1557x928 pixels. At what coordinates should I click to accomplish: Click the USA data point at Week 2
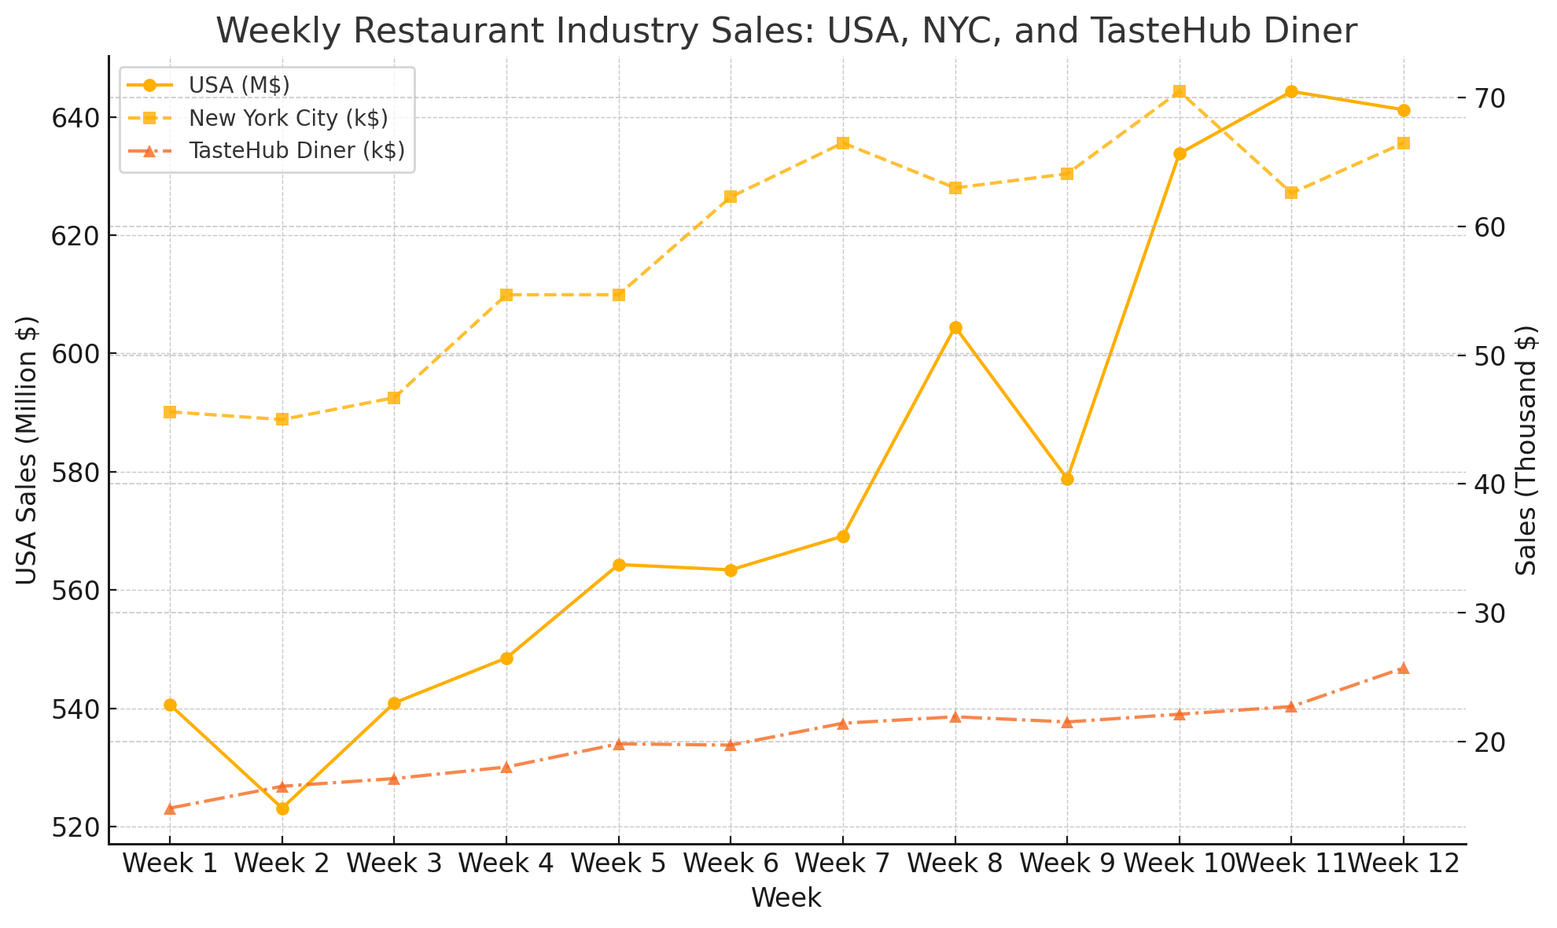click(x=282, y=808)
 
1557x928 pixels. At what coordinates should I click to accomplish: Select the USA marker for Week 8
click(x=955, y=328)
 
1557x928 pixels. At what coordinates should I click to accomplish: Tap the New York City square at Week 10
click(x=1180, y=91)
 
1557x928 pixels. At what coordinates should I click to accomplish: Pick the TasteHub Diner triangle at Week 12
click(x=1404, y=668)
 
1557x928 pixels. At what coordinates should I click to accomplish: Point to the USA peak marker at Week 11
click(x=1291, y=91)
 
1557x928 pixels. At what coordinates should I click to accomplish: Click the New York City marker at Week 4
click(x=506, y=295)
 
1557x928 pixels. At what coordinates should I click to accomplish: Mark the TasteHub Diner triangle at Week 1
click(x=170, y=808)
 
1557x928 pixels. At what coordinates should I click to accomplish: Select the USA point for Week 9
click(x=1067, y=479)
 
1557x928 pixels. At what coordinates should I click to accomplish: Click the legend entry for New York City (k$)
click(x=288, y=118)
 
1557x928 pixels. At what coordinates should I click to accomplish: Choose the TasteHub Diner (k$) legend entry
click(x=296, y=151)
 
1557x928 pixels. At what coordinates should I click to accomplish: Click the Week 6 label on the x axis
click(x=731, y=864)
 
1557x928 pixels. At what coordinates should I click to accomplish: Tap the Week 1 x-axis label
click(x=170, y=864)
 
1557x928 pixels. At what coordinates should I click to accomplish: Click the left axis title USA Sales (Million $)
click(x=28, y=450)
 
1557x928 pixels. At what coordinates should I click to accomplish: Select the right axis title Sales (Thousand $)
click(x=1526, y=450)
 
